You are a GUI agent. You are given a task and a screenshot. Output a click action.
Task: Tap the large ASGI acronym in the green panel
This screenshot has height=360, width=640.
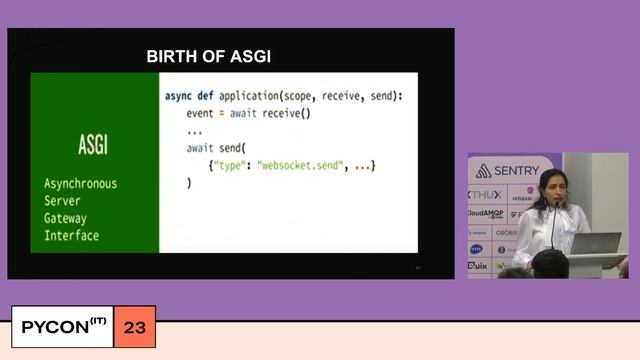tap(93, 145)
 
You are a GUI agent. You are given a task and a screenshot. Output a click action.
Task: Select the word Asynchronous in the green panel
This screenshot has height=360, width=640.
tap(80, 184)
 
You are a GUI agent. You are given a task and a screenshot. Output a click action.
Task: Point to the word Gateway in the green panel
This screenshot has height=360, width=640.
tap(66, 218)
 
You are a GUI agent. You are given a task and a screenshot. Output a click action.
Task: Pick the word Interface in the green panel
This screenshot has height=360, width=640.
tap(71, 236)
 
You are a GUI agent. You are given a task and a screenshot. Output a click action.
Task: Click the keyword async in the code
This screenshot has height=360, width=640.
tap(179, 96)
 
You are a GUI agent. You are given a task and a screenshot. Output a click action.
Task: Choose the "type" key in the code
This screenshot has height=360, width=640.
tap(231, 165)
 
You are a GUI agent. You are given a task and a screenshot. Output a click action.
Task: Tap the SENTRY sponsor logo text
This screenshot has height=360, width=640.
tap(515, 171)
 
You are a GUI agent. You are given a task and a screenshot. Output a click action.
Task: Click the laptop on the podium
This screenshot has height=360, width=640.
tap(596, 243)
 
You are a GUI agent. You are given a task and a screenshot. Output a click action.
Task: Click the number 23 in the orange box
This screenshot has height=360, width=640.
tap(134, 327)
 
